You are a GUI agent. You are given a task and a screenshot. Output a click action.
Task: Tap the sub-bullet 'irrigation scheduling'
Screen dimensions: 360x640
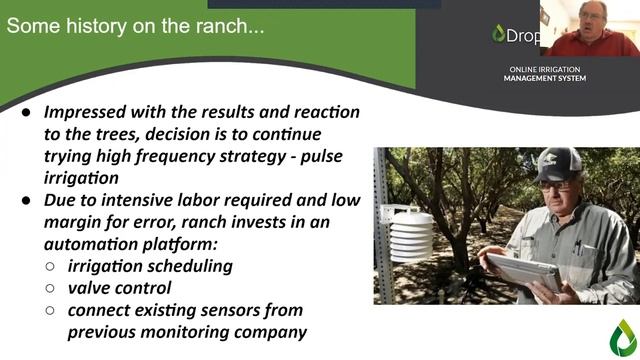150,265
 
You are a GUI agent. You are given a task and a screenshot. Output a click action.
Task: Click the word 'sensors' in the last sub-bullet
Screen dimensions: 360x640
267,309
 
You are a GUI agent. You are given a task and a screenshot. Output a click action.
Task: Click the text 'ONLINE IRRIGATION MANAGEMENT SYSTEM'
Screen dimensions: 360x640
546,73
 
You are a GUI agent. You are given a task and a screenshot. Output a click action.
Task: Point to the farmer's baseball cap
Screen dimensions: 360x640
557,164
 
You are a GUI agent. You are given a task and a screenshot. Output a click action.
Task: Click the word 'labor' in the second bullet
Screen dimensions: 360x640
206,199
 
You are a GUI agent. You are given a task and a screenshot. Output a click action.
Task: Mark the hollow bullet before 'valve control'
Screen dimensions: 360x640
52,288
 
